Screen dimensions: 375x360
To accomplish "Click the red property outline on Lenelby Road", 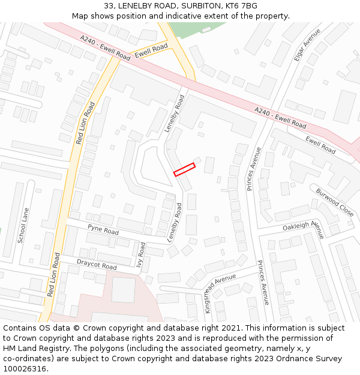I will tap(185, 170).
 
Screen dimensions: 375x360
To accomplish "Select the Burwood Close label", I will tap(335, 202).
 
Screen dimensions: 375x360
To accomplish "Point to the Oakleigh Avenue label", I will tap(304, 227).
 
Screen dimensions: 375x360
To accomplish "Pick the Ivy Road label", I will tap(142, 254).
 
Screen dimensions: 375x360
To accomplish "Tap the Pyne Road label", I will tap(103, 230).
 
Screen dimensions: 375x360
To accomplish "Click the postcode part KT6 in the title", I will tap(233, 6).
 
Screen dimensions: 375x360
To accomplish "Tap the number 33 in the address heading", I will tap(109, 6).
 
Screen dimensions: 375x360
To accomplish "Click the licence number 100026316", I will tap(24, 369).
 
